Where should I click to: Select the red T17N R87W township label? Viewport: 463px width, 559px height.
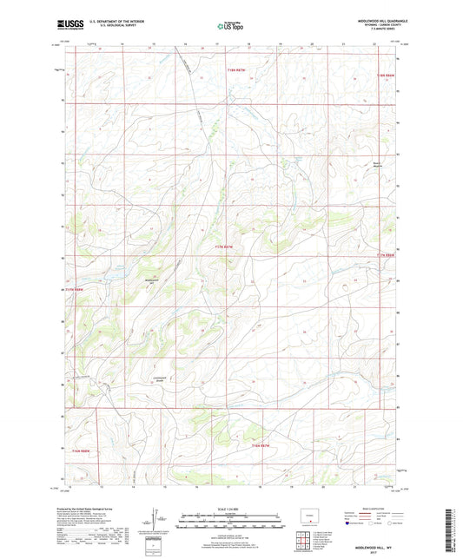click(224, 247)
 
